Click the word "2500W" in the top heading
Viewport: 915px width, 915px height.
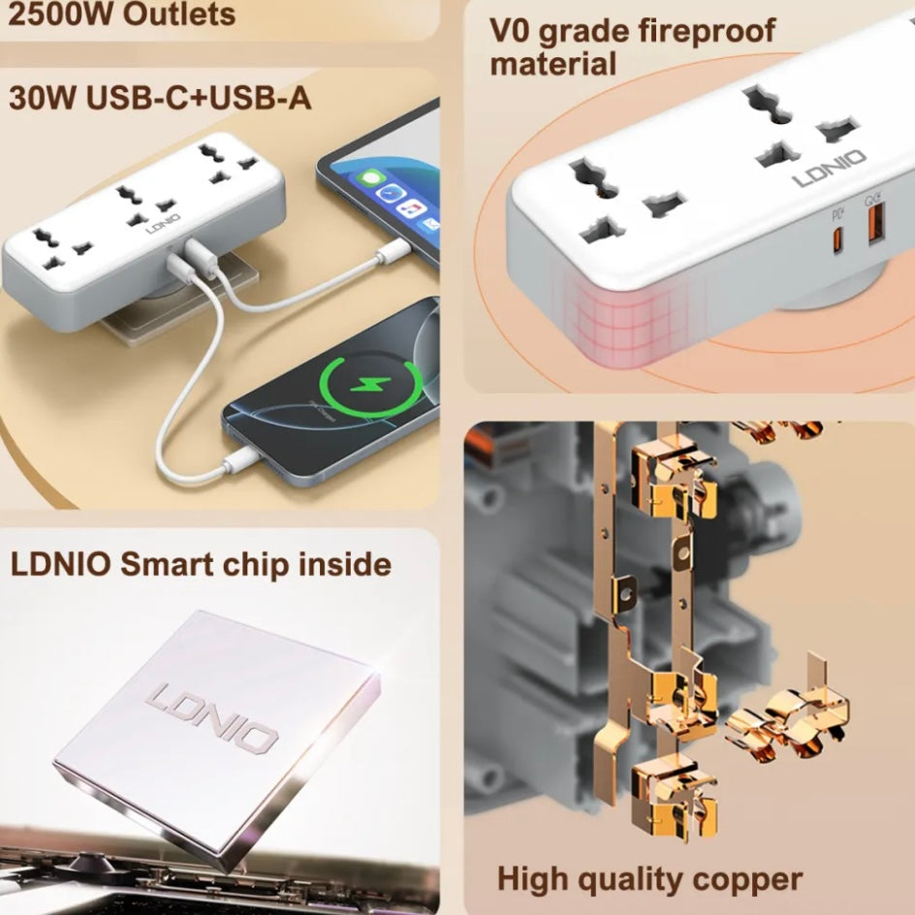tap(59, 14)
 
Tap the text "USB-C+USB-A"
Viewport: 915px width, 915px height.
tap(199, 97)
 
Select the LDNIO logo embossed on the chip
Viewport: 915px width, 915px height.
tap(212, 719)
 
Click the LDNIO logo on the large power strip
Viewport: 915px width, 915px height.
tap(830, 169)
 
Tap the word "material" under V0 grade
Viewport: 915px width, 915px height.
tap(552, 64)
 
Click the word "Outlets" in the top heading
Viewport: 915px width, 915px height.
tap(179, 14)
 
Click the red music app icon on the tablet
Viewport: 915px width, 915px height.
tap(412, 208)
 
